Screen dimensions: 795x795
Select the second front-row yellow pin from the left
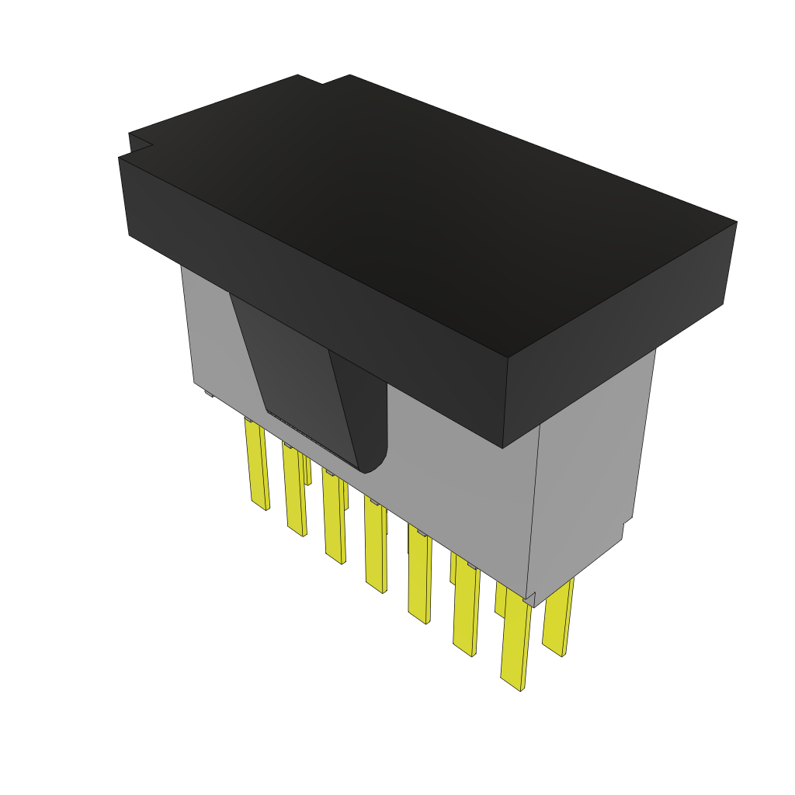click(x=294, y=491)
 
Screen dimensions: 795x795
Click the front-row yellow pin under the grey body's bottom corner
click(x=516, y=644)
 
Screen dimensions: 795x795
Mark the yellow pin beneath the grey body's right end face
click(x=557, y=617)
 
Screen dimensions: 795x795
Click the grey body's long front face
click(x=450, y=497)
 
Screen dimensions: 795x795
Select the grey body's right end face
click(x=590, y=466)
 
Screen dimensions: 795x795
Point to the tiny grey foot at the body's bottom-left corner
click(x=208, y=394)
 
